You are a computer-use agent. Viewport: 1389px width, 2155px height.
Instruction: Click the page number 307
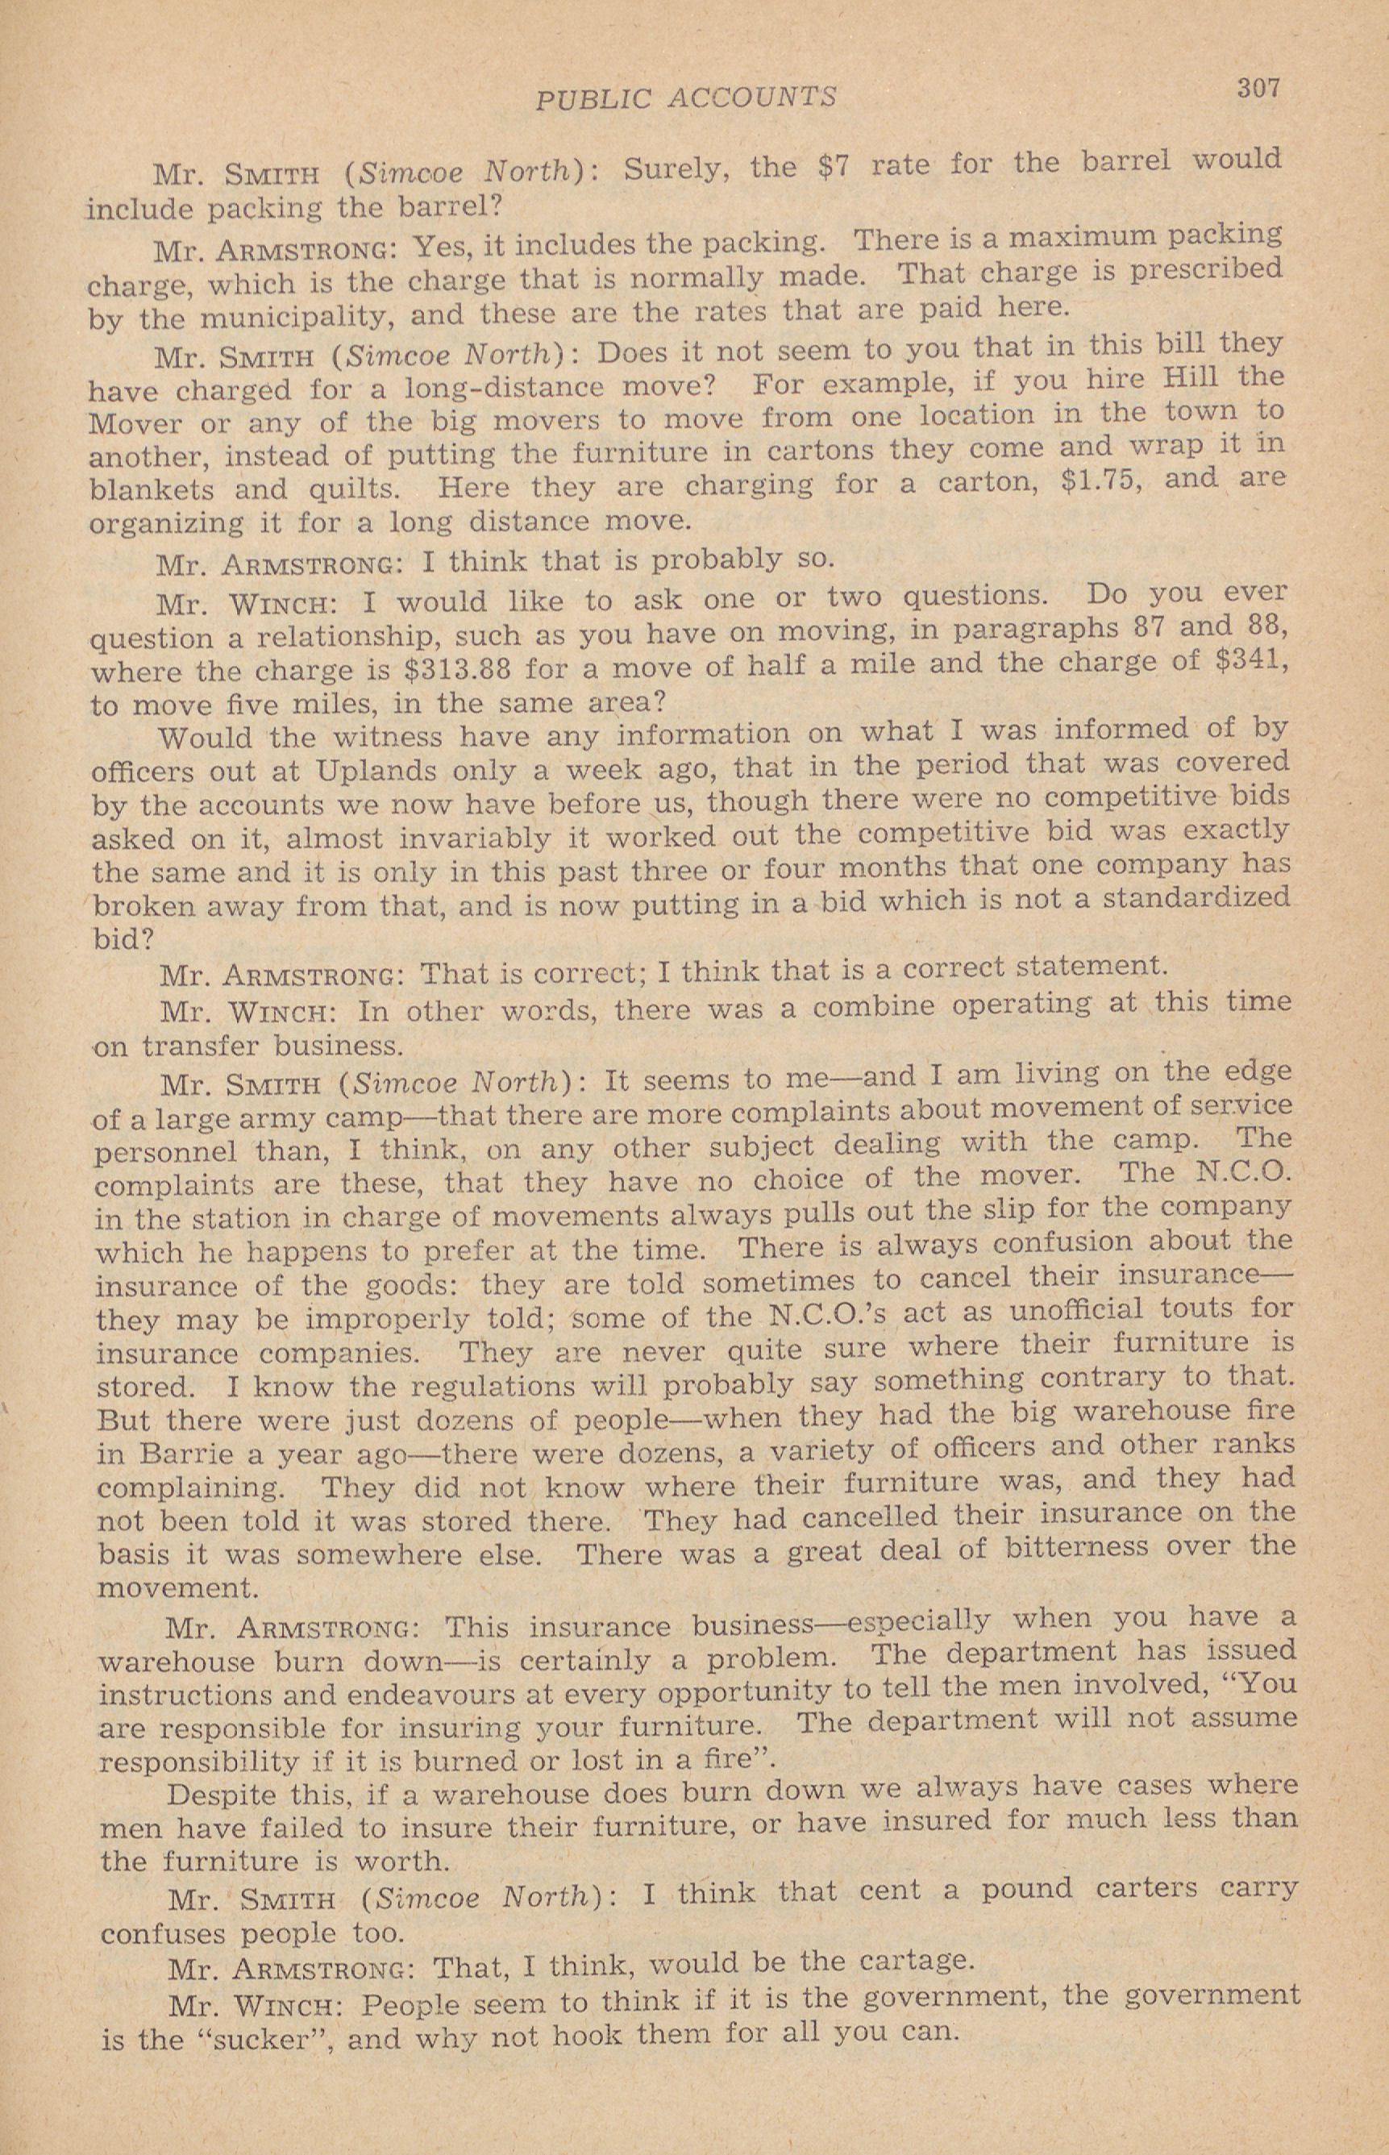pyautogui.click(x=1258, y=89)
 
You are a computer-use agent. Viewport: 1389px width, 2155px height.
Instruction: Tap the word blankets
pyautogui.click(x=152, y=490)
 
